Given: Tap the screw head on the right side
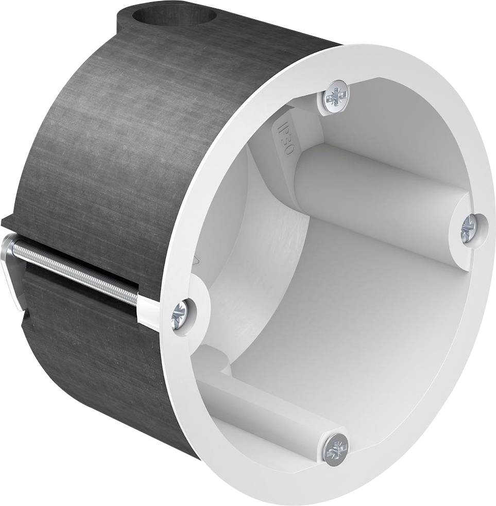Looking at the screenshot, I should pyautogui.click(x=470, y=226).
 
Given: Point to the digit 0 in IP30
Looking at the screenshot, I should pyautogui.click(x=286, y=149).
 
